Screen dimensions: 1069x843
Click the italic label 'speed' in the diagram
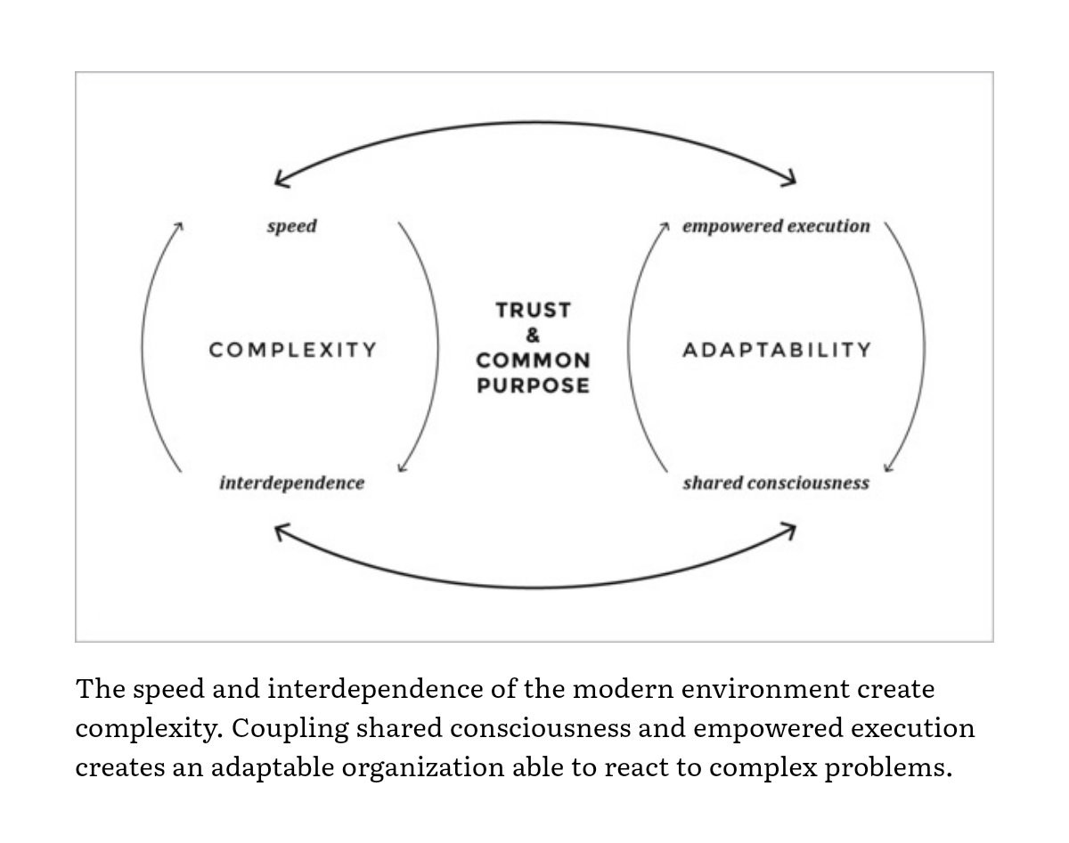[x=291, y=226]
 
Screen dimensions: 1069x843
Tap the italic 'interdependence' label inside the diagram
[x=292, y=482]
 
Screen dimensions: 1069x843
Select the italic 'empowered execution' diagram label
[x=776, y=226]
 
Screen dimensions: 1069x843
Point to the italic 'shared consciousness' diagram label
[x=776, y=482]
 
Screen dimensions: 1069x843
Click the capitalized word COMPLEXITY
[x=292, y=350]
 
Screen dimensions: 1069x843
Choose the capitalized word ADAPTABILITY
[x=777, y=350]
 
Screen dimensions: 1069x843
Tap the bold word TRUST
[x=534, y=311]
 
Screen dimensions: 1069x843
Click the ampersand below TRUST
[x=533, y=336]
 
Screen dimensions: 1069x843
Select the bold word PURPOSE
[x=534, y=385]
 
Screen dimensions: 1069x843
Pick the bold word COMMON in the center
[x=534, y=361]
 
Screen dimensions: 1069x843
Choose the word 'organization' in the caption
[x=423, y=768]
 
